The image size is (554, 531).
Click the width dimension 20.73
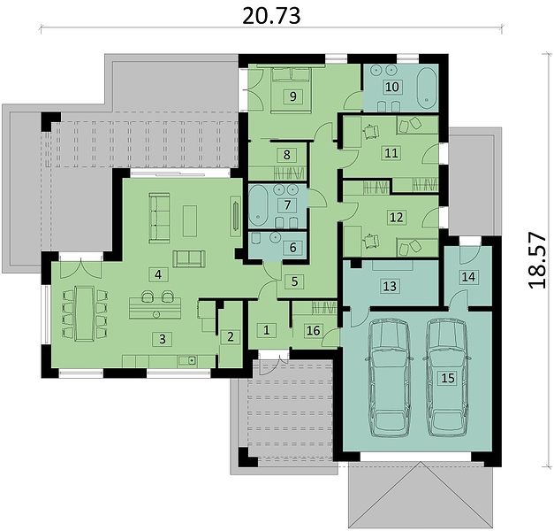click(272, 16)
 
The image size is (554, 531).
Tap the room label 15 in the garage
click(448, 378)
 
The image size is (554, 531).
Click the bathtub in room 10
click(428, 88)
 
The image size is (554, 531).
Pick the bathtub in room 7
click(260, 206)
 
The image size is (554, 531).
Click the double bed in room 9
click(291, 90)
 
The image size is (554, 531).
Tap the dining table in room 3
click(83, 313)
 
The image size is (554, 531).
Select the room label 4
click(158, 274)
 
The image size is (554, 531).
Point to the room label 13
click(390, 286)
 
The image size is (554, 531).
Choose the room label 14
click(468, 276)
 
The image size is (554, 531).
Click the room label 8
click(286, 155)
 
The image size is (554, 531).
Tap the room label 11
click(391, 153)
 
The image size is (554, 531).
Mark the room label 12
click(396, 217)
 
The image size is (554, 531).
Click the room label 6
click(292, 248)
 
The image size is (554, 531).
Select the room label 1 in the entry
click(267, 330)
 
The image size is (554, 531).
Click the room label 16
click(314, 331)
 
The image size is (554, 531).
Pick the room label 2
click(231, 336)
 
